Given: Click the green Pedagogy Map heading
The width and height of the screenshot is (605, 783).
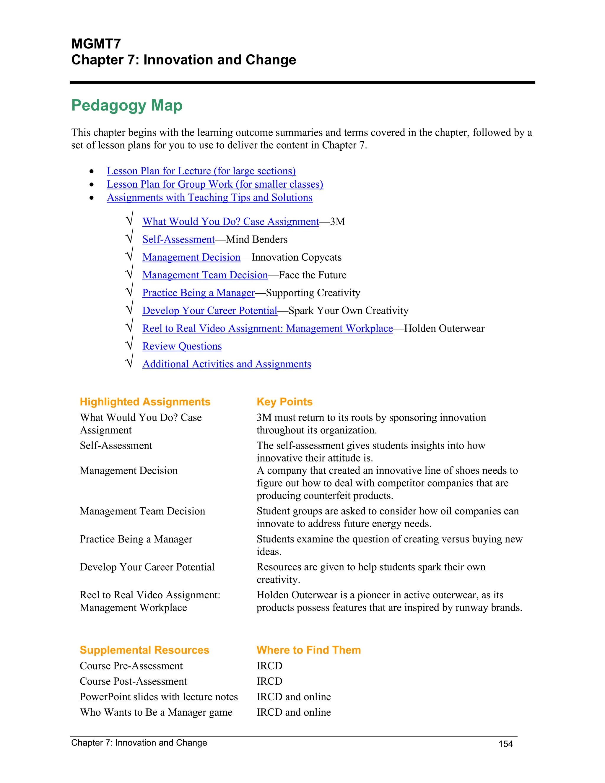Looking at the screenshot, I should click(127, 105).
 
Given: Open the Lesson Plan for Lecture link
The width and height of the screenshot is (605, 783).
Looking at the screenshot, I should click(201, 171).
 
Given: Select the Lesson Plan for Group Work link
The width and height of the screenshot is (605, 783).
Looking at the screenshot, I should click(215, 184).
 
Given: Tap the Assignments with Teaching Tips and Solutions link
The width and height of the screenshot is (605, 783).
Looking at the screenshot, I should click(209, 198).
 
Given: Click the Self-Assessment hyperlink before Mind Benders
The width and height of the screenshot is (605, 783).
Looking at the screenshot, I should click(178, 240).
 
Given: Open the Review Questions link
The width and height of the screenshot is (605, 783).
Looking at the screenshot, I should click(182, 346).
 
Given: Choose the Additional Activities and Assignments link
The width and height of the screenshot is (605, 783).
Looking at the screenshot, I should click(227, 364).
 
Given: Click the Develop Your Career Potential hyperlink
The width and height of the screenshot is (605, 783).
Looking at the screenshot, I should click(210, 311).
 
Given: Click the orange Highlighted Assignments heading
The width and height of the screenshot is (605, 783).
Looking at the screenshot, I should click(145, 402).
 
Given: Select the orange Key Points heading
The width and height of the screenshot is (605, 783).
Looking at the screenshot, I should click(284, 402).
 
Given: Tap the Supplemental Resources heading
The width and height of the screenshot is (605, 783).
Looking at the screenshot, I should click(144, 650).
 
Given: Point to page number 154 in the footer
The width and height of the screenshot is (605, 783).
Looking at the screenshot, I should click(505, 744).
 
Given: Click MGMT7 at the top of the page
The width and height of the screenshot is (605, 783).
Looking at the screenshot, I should click(96, 44).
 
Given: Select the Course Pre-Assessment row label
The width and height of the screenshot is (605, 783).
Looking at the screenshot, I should click(131, 666).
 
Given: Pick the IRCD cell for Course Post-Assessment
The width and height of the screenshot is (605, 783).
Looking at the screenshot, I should click(269, 682).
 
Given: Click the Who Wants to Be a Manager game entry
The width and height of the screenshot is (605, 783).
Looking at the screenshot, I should click(156, 712).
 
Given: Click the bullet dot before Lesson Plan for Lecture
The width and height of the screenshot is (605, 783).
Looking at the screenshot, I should click(92, 171).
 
